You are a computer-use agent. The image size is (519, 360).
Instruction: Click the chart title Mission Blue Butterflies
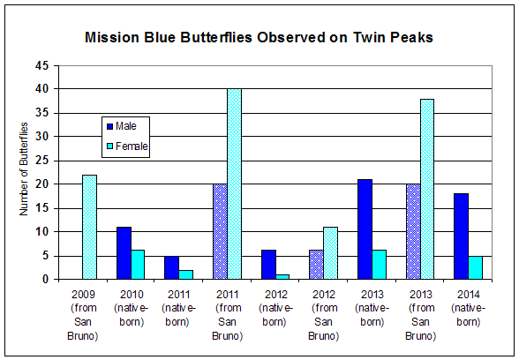coord(259,39)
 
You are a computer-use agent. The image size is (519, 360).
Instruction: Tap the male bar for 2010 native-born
coord(124,253)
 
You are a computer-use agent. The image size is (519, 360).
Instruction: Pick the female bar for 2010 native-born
coord(138,265)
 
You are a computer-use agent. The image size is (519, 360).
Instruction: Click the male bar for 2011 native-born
coord(171,267)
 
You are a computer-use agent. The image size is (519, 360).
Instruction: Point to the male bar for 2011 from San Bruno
coord(219,231)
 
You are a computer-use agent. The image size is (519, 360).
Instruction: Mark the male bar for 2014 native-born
coord(461,236)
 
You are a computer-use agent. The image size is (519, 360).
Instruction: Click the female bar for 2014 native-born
coord(475,267)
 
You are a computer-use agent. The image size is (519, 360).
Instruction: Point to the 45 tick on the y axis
coord(42,65)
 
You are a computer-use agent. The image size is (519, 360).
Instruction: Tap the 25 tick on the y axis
coord(42,161)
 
